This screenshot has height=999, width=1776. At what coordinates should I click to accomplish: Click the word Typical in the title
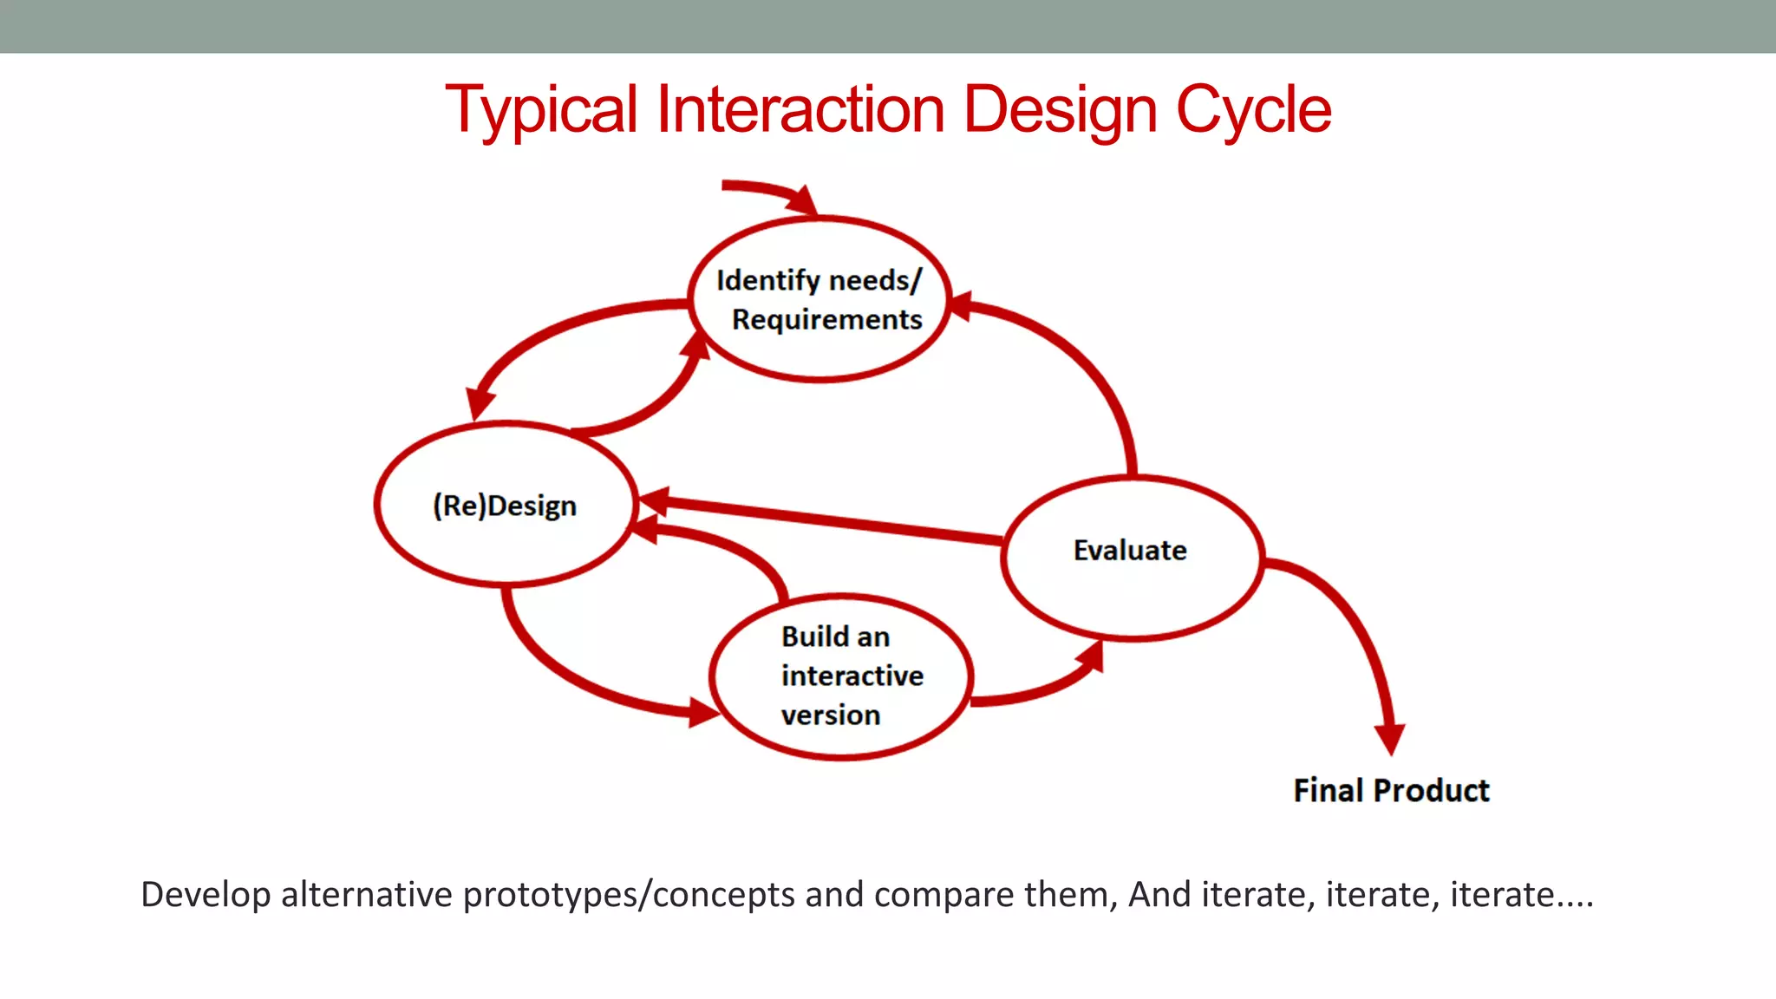click(541, 110)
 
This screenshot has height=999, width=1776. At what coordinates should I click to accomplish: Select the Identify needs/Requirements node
click(819, 299)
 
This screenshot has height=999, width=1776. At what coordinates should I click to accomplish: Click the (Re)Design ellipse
click(506, 505)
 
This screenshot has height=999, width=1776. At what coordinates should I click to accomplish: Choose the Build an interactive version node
click(840, 676)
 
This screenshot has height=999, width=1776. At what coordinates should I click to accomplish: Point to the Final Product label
click(1391, 791)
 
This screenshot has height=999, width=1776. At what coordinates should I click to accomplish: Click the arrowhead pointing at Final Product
click(1390, 737)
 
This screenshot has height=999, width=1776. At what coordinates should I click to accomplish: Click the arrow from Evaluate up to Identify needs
click(1084, 364)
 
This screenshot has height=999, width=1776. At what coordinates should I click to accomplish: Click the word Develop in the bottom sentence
click(206, 895)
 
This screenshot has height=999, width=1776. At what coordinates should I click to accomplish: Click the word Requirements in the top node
click(826, 320)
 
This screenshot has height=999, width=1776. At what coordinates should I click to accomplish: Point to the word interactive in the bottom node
click(852, 676)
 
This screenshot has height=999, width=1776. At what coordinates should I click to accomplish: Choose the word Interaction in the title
click(800, 110)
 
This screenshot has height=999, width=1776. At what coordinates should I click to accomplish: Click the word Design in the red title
click(1060, 110)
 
